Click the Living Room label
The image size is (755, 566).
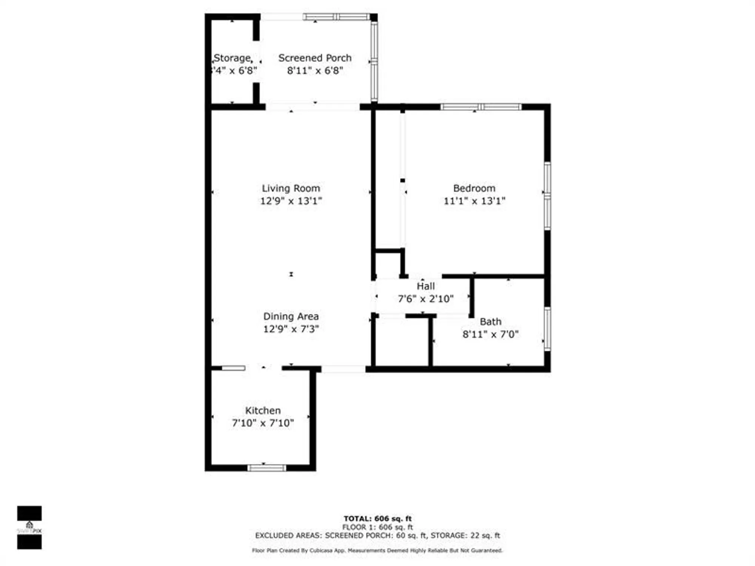291,188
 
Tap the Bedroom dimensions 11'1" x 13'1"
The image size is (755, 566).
474,201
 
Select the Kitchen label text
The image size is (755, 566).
263,411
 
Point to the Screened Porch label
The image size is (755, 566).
315,58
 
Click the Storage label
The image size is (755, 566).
233,58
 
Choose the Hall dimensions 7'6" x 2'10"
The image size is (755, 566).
425,299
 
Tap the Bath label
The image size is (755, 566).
490,322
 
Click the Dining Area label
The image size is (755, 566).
291,317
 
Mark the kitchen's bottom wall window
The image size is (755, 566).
267,468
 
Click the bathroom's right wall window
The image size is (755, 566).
547,329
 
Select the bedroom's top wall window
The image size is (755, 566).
481,107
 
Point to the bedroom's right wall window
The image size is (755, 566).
547,195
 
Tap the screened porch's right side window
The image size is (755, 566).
374,60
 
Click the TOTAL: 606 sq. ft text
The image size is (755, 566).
377,519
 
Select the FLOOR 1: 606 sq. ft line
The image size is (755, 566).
377,527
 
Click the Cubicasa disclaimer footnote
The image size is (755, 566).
377,551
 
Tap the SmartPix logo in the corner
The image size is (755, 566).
29,527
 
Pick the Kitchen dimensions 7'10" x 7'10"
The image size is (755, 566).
263,423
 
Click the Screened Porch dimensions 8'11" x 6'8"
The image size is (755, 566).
315,71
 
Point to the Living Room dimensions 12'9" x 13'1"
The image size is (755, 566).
291,201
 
